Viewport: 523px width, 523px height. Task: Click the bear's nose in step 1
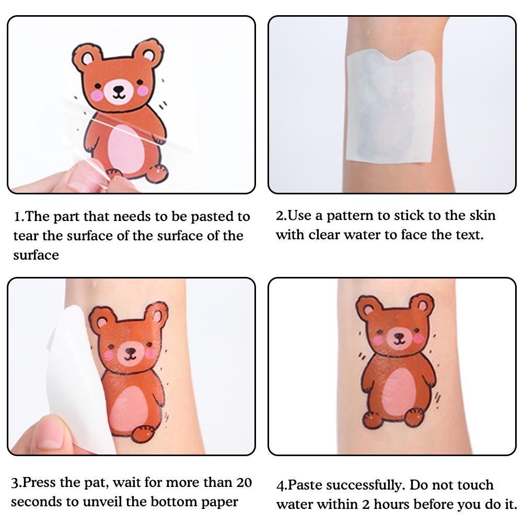119,89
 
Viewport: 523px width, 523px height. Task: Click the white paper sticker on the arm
391,107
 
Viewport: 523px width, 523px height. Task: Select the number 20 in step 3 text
244,482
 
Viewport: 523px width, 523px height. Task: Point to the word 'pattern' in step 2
350,216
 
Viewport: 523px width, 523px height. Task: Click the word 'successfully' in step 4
365,485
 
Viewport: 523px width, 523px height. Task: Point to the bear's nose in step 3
130,351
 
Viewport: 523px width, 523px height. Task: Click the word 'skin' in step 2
482,215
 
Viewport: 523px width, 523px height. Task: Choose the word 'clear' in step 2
324,235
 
